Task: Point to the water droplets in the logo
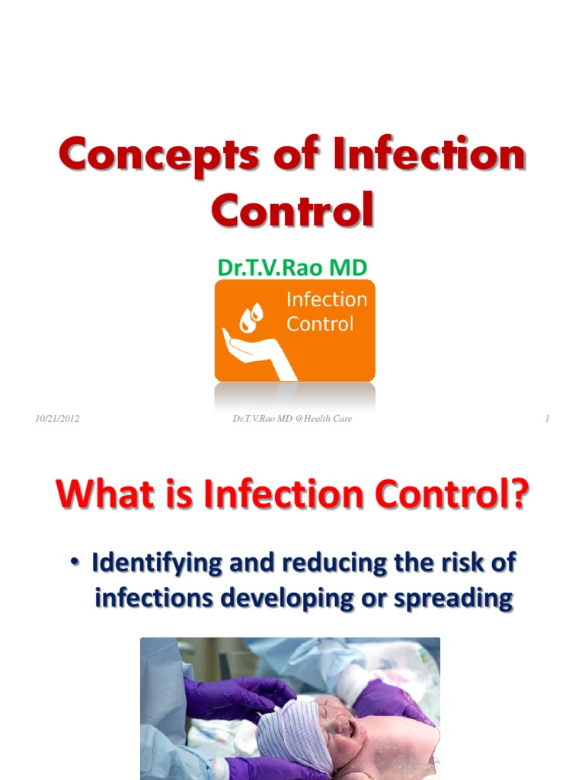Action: [x=252, y=316]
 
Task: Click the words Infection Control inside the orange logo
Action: [x=326, y=312]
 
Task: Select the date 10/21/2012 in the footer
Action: [x=57, y=419]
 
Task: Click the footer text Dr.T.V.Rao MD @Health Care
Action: [x=292, y=419]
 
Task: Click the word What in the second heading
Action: [x=103, y=494]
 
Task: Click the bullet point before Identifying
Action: [x=76, y=564]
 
